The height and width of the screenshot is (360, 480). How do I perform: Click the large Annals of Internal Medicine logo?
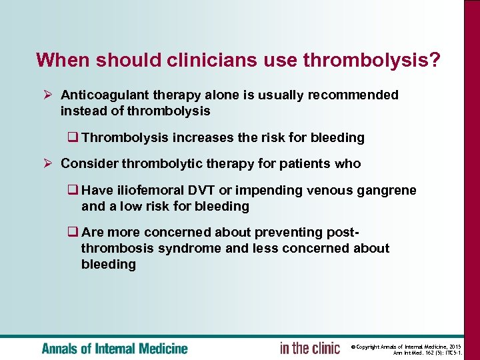[x=114, y=348]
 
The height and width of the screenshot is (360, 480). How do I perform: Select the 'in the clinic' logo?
[x=309, y=348]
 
